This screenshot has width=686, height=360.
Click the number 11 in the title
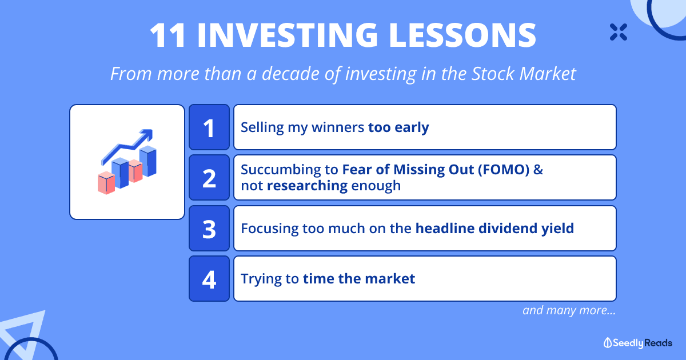coord(167,35)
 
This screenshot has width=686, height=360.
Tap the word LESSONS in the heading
coord(462,35)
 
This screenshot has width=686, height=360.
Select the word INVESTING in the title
coord(288,35)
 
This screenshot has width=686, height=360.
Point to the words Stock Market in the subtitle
coord(524,74)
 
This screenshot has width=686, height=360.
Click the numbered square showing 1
coord(209,127)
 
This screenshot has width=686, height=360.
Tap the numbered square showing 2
coord(209,178)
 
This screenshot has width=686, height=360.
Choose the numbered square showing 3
coord(209,229)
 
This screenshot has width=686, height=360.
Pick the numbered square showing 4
coord(209,279)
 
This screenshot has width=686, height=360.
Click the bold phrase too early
coord(398,127)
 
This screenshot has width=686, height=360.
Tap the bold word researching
coord(307,186)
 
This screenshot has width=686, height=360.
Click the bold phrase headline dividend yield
coord(494,229)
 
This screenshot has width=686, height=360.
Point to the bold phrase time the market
coord(359,279)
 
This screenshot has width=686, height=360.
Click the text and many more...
coord(569,310)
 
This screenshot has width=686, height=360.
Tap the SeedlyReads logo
coord(637,343)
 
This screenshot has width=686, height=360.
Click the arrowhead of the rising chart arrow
coord(147,135)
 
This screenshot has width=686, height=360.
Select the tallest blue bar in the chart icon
coord(148,161)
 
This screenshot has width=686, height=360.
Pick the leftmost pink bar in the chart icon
coord(106,183)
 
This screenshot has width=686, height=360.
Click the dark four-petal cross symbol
coord(619,32)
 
